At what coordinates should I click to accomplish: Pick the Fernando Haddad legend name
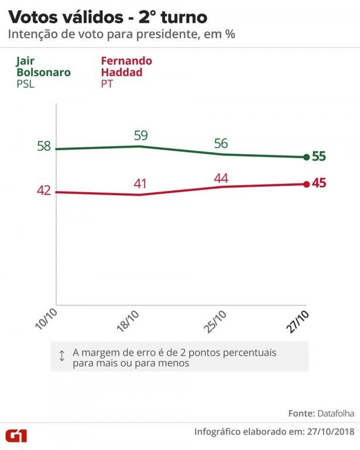point(126,67)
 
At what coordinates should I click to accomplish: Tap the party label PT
point(107,84)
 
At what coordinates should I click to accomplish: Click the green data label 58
point(44,146)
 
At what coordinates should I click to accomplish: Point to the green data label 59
point(141,136)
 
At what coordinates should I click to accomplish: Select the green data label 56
point(221,144)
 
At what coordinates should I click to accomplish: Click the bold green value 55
point(319,156)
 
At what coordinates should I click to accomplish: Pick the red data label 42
point(44,191)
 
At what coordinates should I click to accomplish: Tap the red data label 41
point(140,184)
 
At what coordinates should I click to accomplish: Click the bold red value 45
point(319,183)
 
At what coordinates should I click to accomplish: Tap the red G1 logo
point(19,435)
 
